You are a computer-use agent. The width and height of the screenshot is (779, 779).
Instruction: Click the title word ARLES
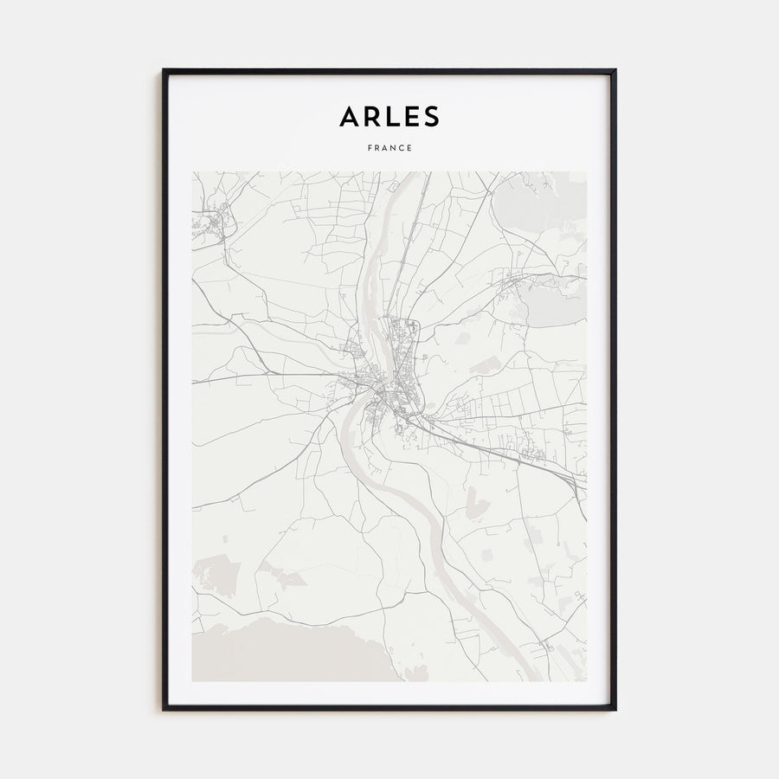click(389, 116)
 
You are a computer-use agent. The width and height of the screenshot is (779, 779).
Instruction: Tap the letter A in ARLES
click(349, 116)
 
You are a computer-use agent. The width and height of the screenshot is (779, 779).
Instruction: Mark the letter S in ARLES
click(431, 116)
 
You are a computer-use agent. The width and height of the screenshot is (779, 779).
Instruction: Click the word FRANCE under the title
click(389, 148)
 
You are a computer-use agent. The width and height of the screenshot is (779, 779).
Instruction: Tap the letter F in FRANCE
click(370, 148)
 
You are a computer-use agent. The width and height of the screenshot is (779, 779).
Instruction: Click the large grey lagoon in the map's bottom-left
click(286, 649)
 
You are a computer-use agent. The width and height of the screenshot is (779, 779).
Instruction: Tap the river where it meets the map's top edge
click(414, 174)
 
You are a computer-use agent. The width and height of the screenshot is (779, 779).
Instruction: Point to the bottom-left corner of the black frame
click(164, 709)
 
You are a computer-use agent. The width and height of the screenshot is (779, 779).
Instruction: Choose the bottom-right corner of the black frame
click(615, 709)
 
